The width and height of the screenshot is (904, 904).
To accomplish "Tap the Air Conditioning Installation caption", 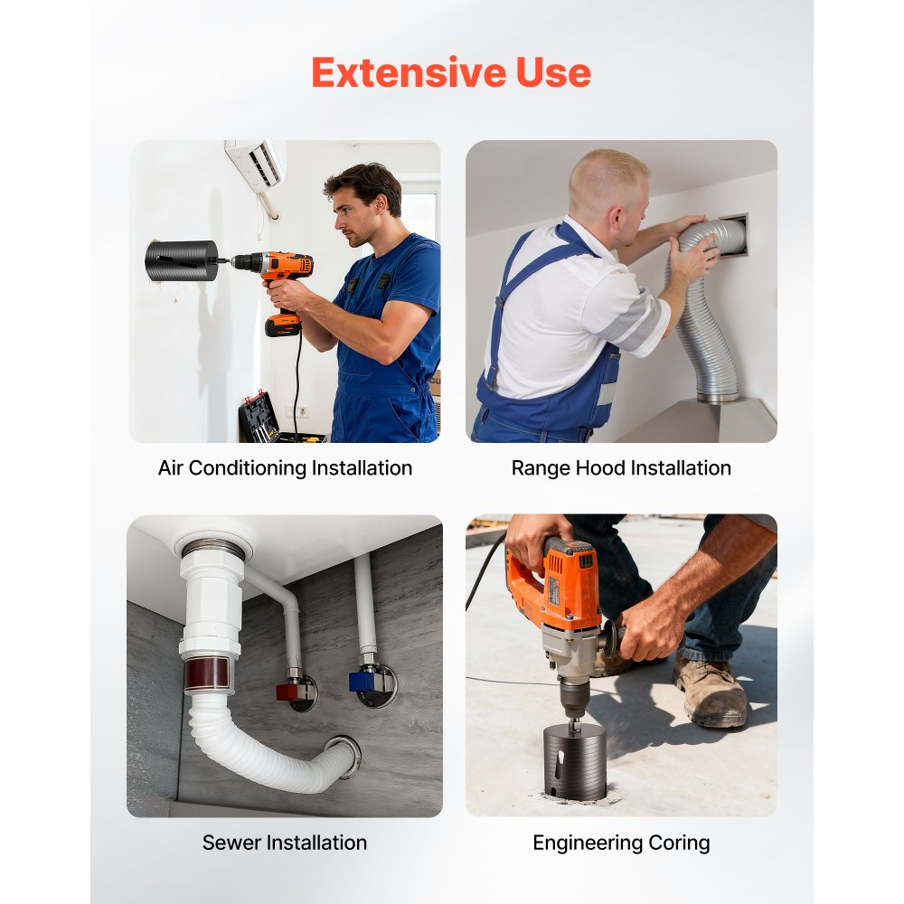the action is pos(285,468).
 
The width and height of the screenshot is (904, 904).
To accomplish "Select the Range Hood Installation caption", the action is pos(621,468).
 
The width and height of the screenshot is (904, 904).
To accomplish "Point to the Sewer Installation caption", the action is pos(284,843).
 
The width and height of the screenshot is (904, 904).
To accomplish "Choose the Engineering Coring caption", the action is pos(621,843).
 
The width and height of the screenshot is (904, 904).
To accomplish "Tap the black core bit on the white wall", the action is pos(181,261).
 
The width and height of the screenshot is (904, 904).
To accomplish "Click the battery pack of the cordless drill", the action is pos(282,325).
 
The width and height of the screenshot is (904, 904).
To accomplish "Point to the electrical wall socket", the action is pos(302,411).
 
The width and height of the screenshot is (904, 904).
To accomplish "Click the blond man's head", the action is pos(607,184).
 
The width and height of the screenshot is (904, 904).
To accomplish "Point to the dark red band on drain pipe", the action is pos(207,673).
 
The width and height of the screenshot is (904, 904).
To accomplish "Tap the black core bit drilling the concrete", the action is pos(575,761).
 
